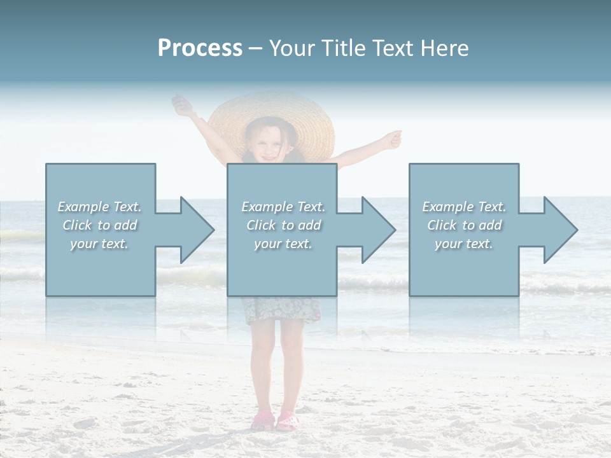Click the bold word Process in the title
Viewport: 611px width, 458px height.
(x=200, y=48)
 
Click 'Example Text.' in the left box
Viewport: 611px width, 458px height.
(x=99, y=207)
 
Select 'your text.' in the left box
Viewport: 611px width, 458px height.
(x=99, y=244)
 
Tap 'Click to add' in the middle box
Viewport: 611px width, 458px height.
(x=283, y=225)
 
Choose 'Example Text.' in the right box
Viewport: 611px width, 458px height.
(x=464, y=207)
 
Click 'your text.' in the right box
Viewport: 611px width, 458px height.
(x=464, y=244)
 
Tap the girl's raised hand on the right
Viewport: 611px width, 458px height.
(x=395, y=138)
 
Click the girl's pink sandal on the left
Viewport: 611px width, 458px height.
(x=262, y=422)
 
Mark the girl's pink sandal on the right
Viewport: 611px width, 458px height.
(x=288, y=420)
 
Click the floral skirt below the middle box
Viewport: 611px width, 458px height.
(x=281, y=310)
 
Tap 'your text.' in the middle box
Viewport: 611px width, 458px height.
(x=283, y=244)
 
